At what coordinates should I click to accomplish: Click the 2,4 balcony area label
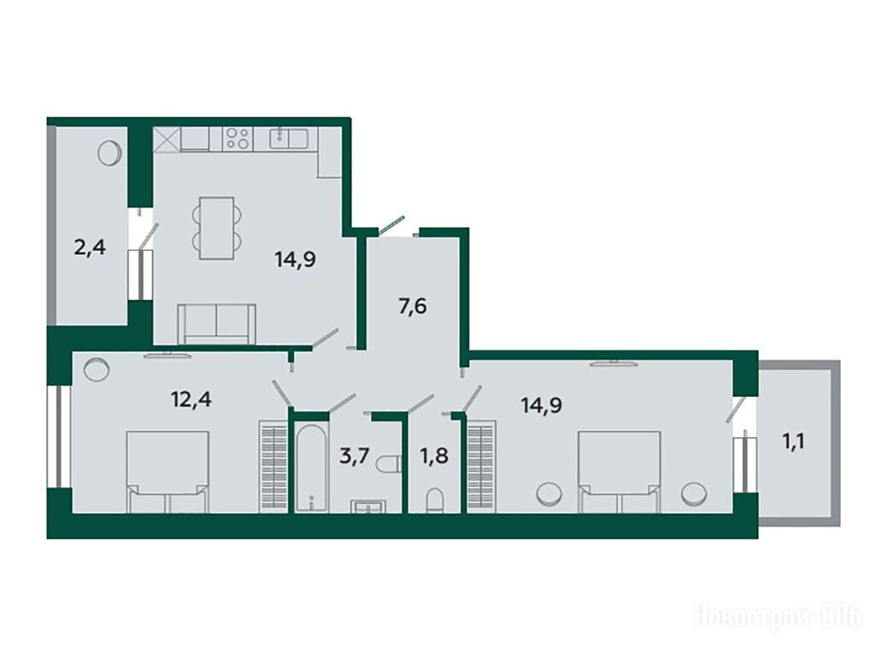[x=89, y=247]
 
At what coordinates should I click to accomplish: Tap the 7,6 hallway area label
[x=413, y=307]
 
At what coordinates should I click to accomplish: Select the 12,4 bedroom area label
[x=191, y=400]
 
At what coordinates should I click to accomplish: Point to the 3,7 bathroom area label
[x=355, y=456]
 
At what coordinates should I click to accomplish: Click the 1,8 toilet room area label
[x=434, y=456]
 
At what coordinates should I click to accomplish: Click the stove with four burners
[x=238, y=138]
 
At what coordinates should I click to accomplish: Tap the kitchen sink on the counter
[x=289, y=138]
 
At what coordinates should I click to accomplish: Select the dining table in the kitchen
[x=217, y=228]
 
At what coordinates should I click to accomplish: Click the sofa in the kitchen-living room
[x=216, y=325]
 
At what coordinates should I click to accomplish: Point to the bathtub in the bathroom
[x=311, y=467]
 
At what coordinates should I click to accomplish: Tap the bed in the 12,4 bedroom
[x=168, y=471]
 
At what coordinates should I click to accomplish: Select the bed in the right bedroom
[x=620, y=471]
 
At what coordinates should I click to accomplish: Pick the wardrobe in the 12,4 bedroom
[x=273, y=466]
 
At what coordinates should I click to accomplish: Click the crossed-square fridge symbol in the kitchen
[x=167, y=139]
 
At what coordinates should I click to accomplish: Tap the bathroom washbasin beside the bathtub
[x=367, y=506]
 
